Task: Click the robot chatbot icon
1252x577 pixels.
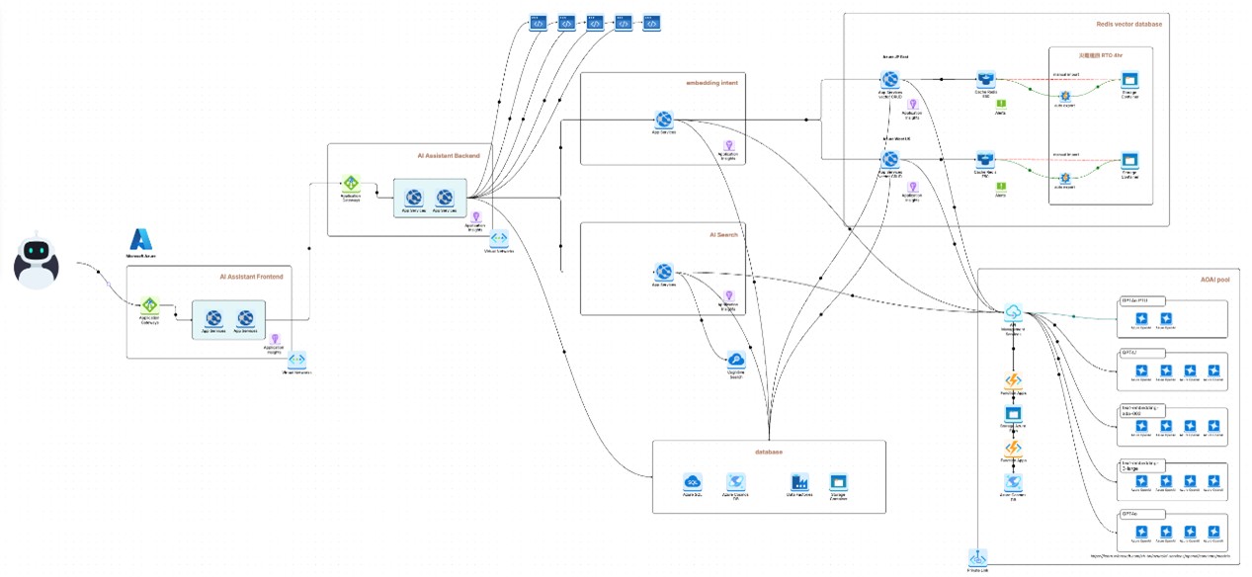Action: [x=37, y=261]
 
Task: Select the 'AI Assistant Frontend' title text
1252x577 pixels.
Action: [x=251, y=277]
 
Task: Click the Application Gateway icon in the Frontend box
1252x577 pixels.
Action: [x=149, y=304]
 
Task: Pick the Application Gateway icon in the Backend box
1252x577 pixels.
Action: [x=351, y=184]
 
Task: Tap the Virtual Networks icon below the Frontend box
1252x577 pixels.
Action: [x=296, y=360]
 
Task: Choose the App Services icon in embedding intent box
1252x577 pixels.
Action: [x=664, y=120]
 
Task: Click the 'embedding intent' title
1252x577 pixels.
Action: [x=711, y=83]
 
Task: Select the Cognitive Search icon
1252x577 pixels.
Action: [x=735, y=361]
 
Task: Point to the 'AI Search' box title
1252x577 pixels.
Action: [x=723, y=234]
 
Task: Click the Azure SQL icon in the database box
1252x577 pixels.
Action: [x=693, y=481]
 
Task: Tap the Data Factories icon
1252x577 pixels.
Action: [x=799, y=481]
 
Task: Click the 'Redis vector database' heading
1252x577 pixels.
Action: [x=1129, y=24]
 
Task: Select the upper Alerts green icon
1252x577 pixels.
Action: [x=1000, y=104]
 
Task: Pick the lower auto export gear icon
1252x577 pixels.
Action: [x=1065, y=177]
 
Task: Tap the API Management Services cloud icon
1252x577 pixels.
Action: [x=1013, y=313]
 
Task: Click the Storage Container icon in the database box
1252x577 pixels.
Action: [x=839, y=481]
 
